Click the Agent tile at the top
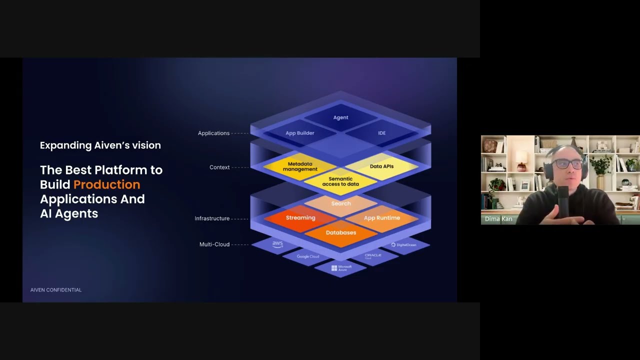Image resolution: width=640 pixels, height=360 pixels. pos(340,117)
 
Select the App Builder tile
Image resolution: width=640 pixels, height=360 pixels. pos(300,133)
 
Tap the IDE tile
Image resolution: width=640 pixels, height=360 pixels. pos(381,133)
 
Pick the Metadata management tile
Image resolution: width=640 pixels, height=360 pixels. pos(300,166)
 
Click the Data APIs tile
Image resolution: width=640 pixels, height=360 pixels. pos(381,166)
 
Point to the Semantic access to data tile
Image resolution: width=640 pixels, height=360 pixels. pos(340,181)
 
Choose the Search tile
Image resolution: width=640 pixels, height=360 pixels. pos(340,203)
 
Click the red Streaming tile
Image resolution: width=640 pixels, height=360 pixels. pos(300,218)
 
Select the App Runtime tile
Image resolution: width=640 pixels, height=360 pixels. pos(381,218)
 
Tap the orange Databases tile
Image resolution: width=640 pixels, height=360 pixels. pos(340,232)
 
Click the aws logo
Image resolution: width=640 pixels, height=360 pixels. pos(277,244)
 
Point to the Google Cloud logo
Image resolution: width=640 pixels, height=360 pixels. pos(307,256)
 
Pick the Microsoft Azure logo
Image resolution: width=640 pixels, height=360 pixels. pos(341,268)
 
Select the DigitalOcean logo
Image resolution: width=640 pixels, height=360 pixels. pos(404,244)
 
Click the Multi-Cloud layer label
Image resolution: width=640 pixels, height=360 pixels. pos(214,244)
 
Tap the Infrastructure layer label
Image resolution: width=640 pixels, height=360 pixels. pos(212,218)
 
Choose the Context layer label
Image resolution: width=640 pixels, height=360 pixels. pos(219,167)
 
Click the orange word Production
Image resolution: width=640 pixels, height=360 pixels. pos(106,184)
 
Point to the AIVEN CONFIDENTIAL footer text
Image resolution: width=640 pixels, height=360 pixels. pos(56,290)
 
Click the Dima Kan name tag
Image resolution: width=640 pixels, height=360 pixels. pos(498,219)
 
